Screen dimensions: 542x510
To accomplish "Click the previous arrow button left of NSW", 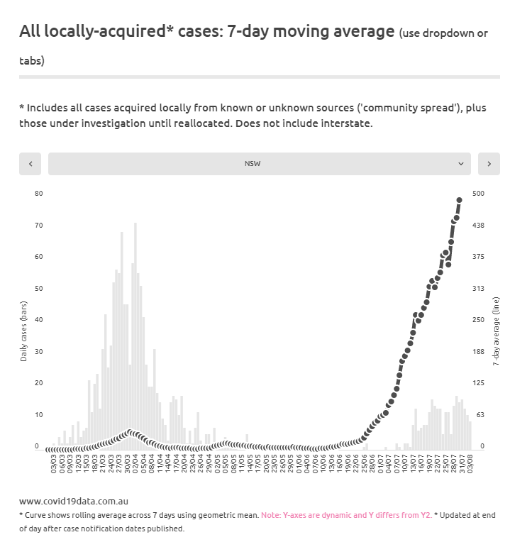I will click(31, 163).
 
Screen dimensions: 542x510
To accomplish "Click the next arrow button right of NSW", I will click(489, 163).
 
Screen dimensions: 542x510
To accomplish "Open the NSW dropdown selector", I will click(259, 163).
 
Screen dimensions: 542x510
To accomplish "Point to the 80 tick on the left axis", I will click(38, 193).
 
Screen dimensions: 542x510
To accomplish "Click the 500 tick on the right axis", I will click(479, 193).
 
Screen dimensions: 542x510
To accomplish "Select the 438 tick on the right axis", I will click(479, 225).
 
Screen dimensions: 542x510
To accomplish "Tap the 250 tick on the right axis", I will click(479, 320).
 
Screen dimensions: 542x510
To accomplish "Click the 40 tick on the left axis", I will click(38, 320).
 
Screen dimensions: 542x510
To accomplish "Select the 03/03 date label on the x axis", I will click(54, 465).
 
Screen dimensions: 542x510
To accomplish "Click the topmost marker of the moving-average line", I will click(459, 200).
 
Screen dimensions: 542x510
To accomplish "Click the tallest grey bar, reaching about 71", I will click(135, 333).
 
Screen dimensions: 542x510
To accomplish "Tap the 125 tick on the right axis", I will click(479, 383).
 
